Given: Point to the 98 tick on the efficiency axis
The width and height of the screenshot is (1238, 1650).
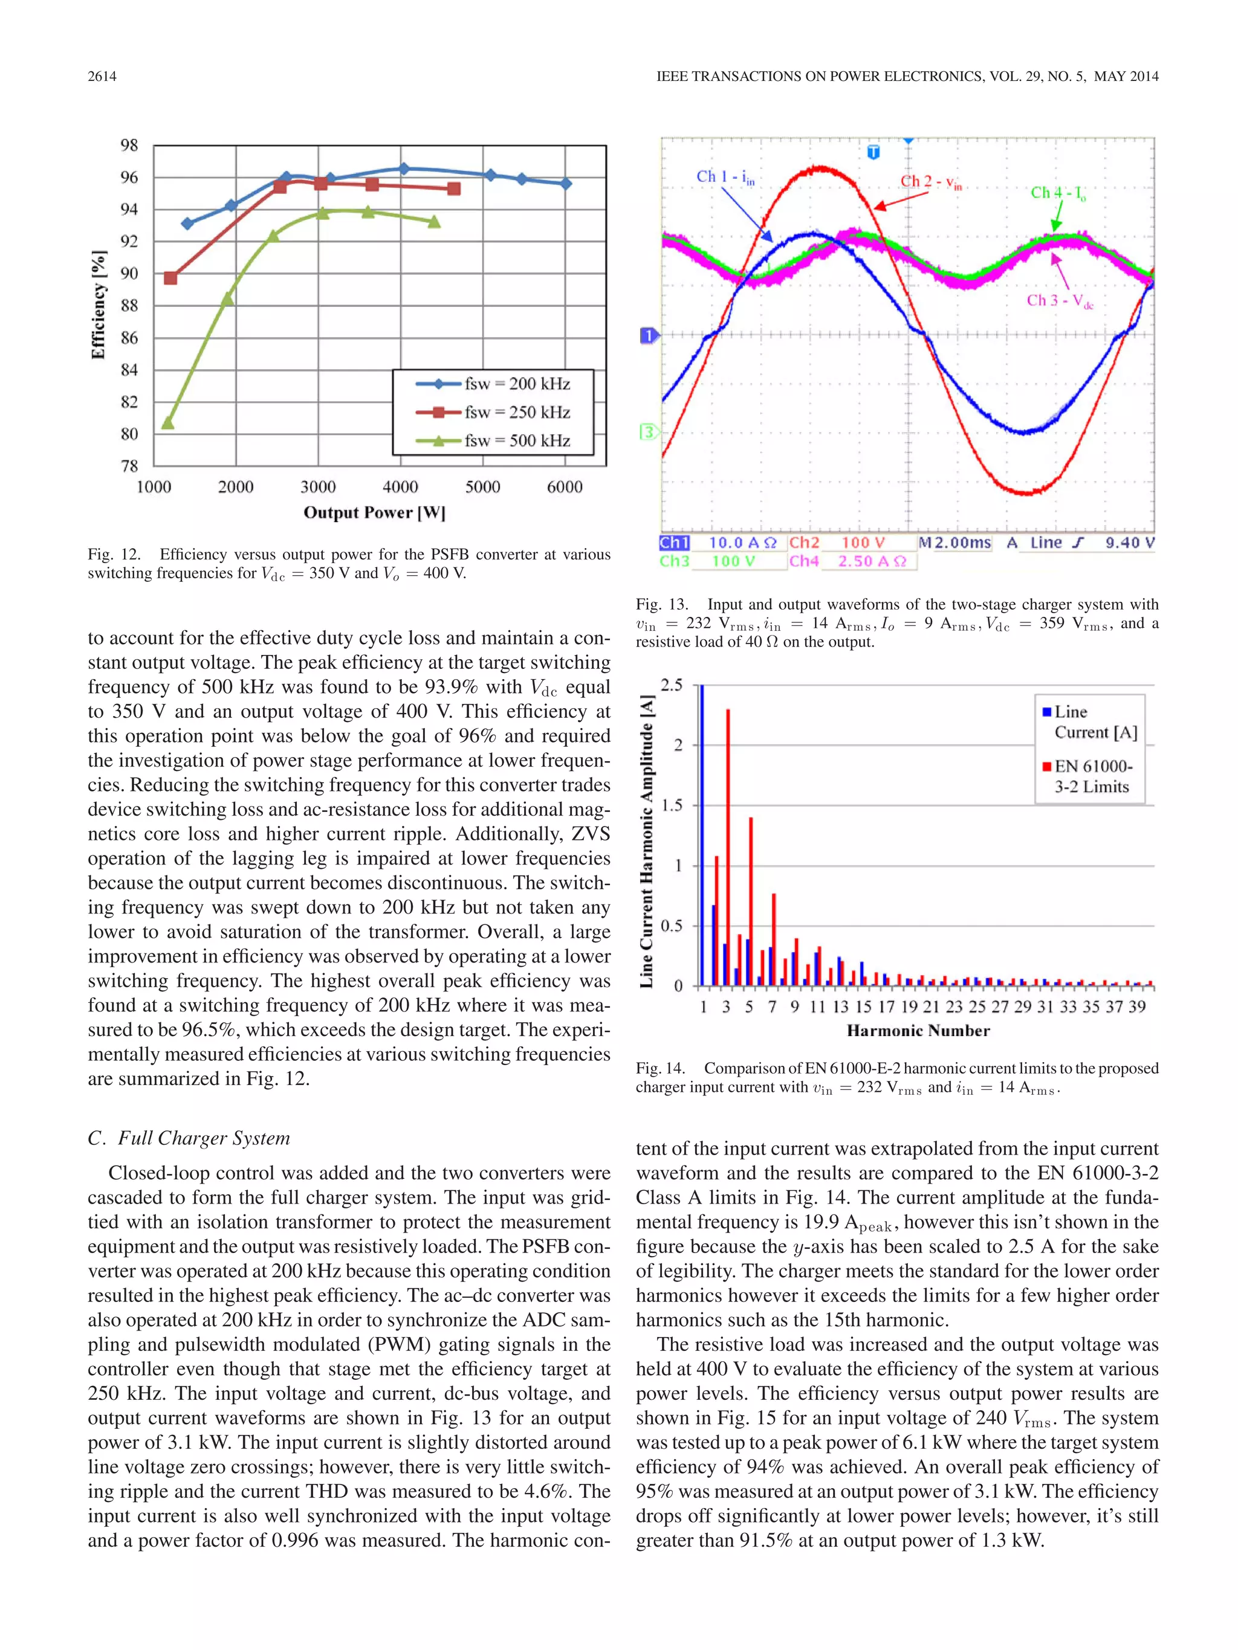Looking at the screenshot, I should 129,145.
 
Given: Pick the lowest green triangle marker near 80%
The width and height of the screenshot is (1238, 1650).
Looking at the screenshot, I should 168,423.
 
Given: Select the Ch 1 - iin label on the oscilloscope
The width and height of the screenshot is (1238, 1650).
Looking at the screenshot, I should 725,177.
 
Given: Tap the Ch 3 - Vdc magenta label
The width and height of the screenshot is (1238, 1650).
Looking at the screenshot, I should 1060,301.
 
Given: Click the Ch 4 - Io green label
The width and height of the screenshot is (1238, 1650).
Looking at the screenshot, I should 1058,193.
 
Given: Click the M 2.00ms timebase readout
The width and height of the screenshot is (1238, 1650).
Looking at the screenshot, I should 955,543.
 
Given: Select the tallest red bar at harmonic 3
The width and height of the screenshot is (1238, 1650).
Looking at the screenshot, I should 728,846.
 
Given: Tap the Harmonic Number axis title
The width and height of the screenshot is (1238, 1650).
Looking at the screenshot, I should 918,1031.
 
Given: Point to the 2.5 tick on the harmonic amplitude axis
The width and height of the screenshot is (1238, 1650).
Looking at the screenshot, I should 672,685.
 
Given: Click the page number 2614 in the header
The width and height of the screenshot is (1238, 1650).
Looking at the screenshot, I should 102,76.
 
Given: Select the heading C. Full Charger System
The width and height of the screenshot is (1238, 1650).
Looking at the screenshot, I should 189,1138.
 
